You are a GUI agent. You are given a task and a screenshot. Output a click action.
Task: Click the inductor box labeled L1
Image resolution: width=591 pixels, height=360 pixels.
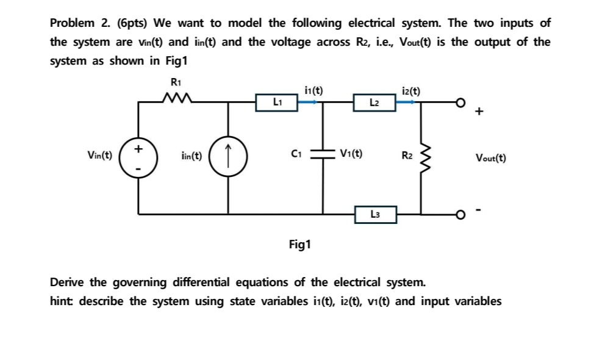click(276, 101)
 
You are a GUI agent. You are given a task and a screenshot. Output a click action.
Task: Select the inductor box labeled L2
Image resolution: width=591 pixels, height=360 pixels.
click(374, 101)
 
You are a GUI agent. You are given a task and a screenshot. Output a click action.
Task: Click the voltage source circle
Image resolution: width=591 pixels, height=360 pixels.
click(138, 157)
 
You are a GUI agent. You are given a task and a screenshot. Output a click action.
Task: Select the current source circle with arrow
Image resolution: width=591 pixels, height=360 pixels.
click(228, 157)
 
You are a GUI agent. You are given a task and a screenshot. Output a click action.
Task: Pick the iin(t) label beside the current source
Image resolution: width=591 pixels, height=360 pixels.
click(192, 157)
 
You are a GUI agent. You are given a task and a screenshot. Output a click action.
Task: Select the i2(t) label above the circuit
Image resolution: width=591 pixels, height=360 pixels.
click(411, 91)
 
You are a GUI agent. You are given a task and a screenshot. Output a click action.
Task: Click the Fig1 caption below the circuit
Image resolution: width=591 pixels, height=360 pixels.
click(299, 245)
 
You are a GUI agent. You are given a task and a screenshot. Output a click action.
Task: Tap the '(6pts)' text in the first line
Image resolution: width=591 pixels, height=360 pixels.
click(128, 23)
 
